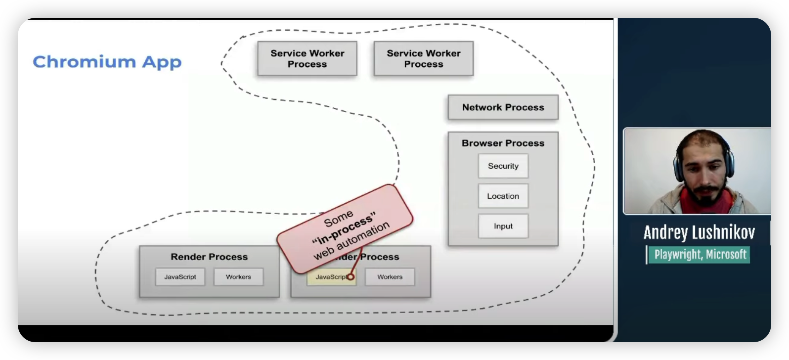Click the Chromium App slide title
pos(107,62)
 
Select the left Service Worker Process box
pos(307,58)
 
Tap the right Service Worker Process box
pos(424,58)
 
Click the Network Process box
pos(503,107)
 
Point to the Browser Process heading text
pos(503,143)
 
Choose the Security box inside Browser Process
pos(503,166)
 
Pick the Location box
pos(503,196)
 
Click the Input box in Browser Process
pos(503,226)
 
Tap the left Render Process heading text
pos(209,257)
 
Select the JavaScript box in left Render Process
pos(180,277)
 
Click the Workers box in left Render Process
pos(238,277)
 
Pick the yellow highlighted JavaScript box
pos(329,277)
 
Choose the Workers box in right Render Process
pos(390,277)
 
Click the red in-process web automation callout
pos(345,229)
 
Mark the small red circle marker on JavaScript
pos(351,277)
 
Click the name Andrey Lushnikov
pos(699,232)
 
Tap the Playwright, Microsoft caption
pos(700,255)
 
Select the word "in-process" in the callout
pos(343,229)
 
